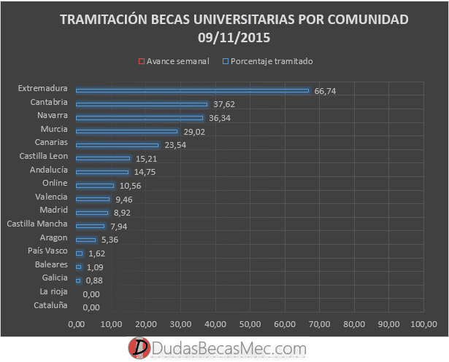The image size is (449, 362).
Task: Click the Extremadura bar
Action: click(192, 91)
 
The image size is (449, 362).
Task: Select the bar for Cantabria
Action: click(142, 104)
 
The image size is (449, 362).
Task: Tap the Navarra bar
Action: click(139, 118)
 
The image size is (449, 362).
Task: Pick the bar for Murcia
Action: click(126, 131)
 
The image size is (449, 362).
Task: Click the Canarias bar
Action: click(117, 145)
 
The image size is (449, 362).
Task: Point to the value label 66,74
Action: click(325, 91)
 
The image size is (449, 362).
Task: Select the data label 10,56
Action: click(131, 185)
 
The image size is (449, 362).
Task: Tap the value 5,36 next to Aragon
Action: click(109, 239)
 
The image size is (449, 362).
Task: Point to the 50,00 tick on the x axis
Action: click(250, 324)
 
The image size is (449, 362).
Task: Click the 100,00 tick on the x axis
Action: click(423, 324)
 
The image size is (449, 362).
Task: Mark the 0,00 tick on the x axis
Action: click(76, 324)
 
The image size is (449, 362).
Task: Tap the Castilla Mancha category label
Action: click(37, 224)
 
